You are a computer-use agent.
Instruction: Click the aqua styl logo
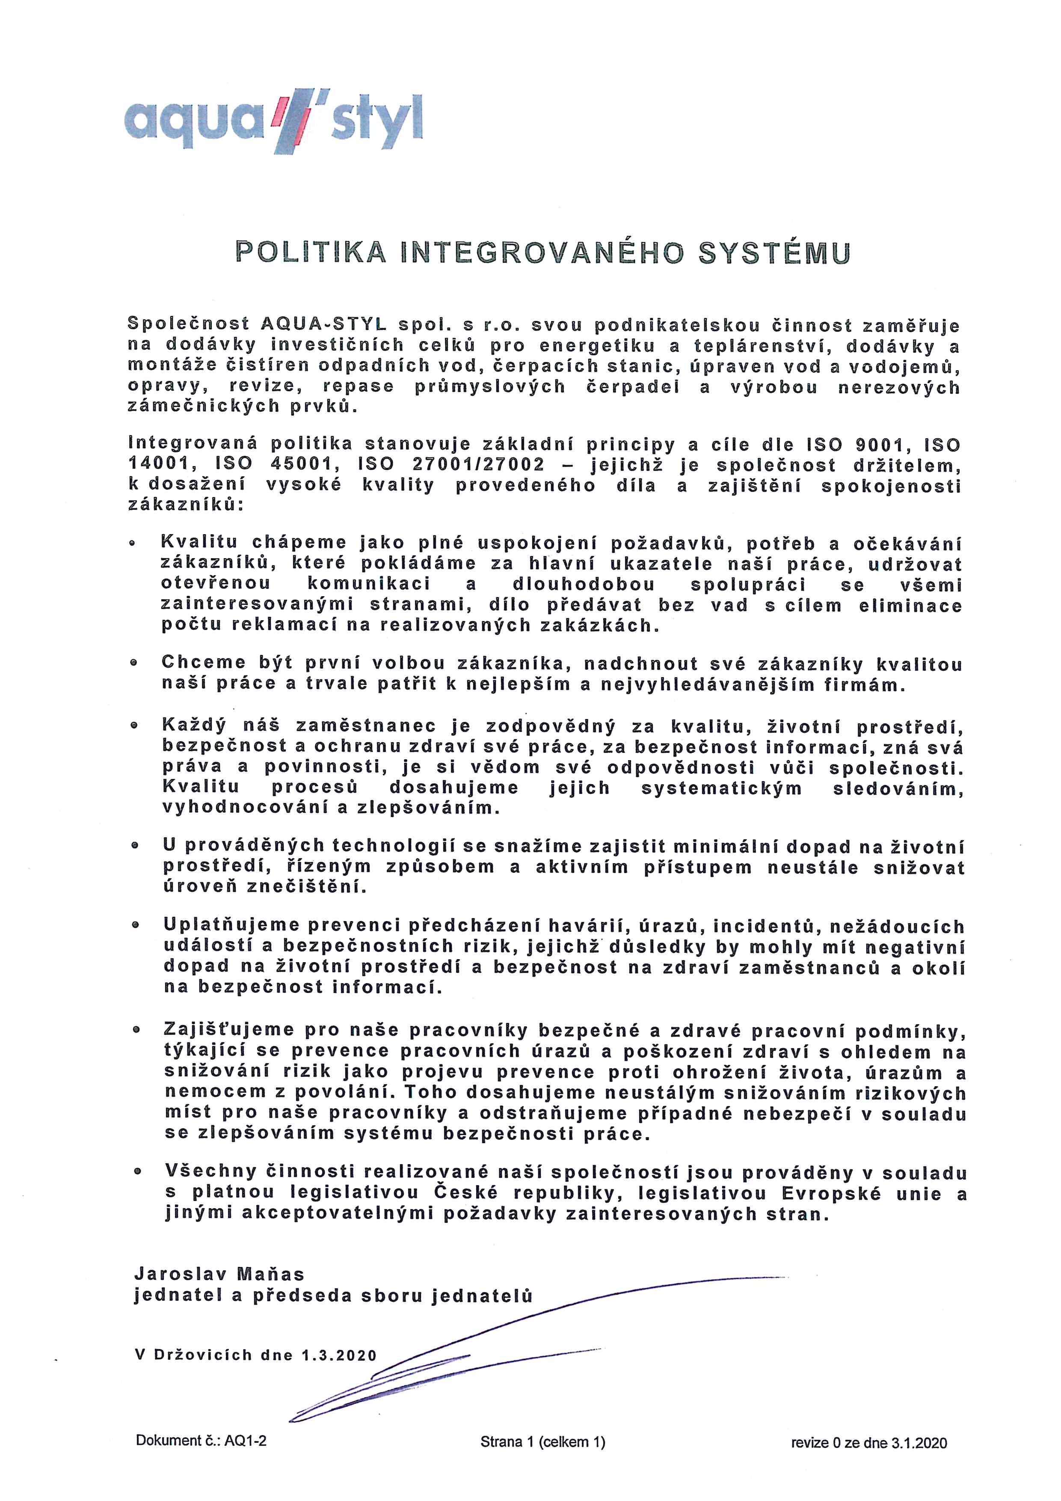pyautogui.click(x=273, y=120)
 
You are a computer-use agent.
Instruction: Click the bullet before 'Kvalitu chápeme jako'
pyautogui.click(x=133, y=543)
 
